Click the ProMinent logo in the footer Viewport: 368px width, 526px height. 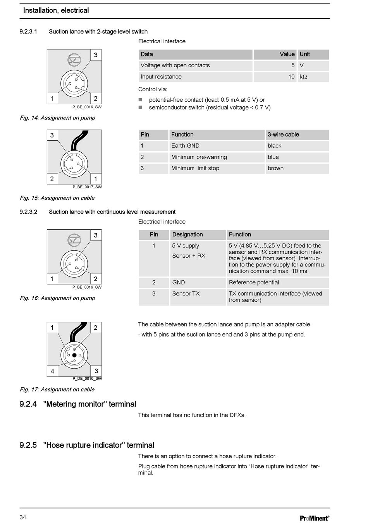click(314, 518)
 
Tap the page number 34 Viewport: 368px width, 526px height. click(23, 517)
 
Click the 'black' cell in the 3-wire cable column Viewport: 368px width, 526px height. click(274, 146)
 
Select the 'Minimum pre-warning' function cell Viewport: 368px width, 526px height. click(199, 157)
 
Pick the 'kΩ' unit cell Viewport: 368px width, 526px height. click(303, 77)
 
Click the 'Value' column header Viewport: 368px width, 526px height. click(287, 54)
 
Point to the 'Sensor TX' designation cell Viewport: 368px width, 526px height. click(186, 294)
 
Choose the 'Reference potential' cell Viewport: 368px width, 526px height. click(254, 282)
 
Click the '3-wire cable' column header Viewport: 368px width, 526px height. click(283, 135)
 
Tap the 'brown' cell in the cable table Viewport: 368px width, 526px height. click(275, 168)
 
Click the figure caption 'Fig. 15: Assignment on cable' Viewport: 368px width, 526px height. click(57, 198)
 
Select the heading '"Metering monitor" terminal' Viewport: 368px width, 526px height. click(89, 404)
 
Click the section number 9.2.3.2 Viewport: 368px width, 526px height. click(28, 212)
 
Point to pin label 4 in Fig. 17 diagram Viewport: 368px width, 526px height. click(52, 371)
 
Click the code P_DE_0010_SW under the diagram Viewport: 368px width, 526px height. click(87, 379)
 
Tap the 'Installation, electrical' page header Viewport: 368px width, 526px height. click(56, 10)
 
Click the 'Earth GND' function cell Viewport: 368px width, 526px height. click(185, 146)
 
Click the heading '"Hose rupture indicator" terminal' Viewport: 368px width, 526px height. click(98, 445)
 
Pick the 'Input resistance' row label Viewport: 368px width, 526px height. click(161, 77)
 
